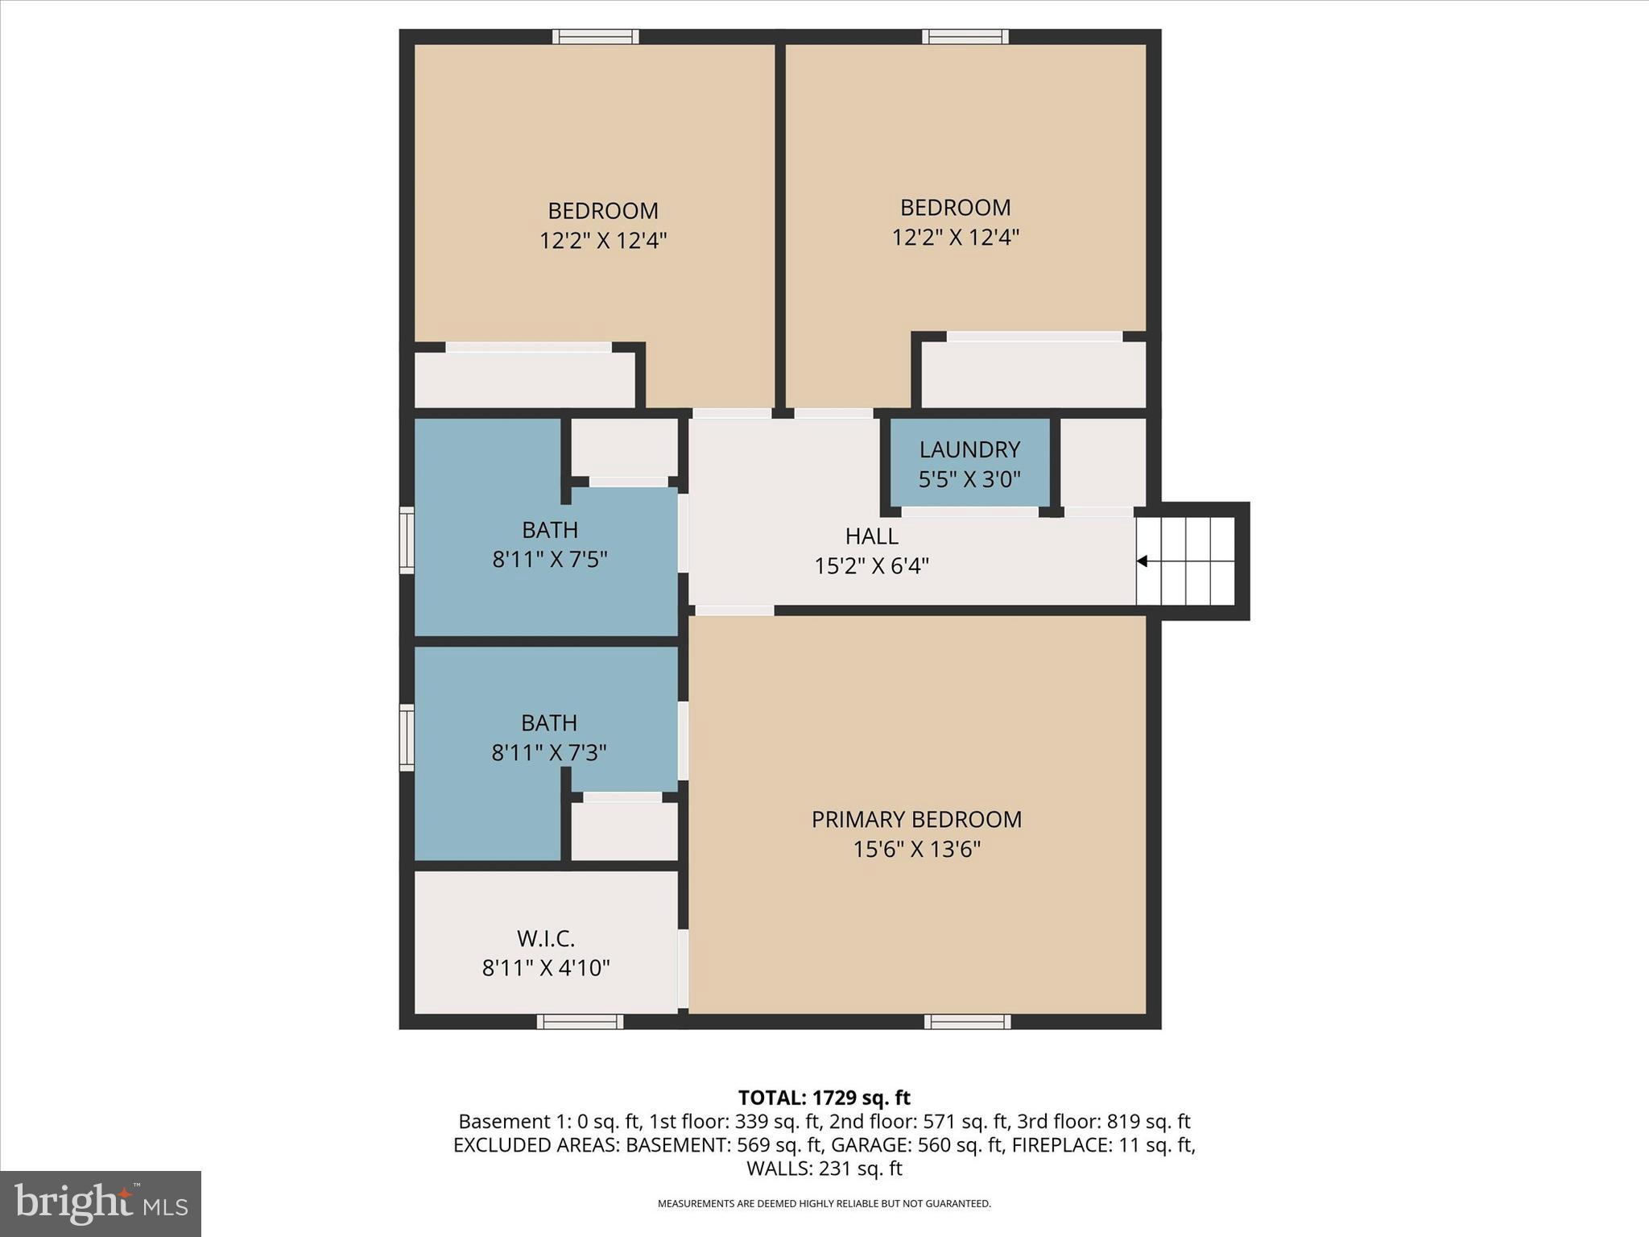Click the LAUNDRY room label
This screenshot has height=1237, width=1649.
(x=969, y=449)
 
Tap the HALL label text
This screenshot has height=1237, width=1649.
(x=871, y=536)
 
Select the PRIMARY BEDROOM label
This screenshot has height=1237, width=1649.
(x=916, y=820)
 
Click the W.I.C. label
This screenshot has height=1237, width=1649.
(x=545, y=939)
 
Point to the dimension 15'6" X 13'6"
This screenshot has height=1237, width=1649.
(x=916, y=850)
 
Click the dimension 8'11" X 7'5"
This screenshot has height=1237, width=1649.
(x=549, y=560)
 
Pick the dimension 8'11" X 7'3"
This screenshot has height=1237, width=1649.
(x=548, y=753)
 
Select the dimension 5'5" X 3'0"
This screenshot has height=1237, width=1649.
(x=969, y=480)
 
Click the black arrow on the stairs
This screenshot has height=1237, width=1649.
(x=1142, y=561)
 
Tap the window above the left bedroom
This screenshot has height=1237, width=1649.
(x=595, y=36)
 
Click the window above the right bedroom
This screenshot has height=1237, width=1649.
(x=965, y=36)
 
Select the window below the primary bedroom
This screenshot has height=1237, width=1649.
(x=967, y=1022)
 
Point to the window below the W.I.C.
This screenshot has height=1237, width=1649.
(x=580, y=1022)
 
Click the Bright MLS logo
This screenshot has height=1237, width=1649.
(x=101, y=1203)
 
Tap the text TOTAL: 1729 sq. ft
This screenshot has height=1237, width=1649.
(x=824, y=1098)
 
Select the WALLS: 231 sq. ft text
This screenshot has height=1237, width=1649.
(x=824, y=1169)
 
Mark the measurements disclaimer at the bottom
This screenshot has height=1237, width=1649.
(x=824, y=1204)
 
